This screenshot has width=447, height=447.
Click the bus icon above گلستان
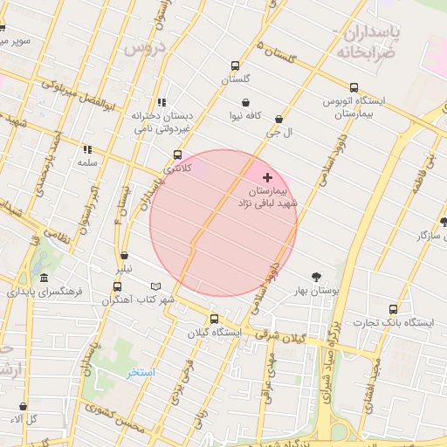point(234,65)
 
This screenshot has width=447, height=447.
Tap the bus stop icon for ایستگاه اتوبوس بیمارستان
point(354,87)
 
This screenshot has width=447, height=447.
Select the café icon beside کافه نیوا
point(251,102)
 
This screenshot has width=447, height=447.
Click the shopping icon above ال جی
point(279,119)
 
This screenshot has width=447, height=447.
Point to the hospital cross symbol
point(267,177)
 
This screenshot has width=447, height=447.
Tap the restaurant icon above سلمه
point(86,149)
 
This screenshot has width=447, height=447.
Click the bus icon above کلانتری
point(177,155)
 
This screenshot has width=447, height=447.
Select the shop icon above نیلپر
point(126,256)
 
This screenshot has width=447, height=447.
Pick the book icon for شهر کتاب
point(156,286)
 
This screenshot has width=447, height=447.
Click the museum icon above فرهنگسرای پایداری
point(44,277)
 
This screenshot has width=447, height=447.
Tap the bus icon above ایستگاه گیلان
point(214,319)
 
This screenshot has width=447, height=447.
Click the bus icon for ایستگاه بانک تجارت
point(393,309)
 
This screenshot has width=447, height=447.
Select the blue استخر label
point(140,373)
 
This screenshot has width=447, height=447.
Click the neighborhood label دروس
point(143,48)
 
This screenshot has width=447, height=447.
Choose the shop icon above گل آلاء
point(23,406)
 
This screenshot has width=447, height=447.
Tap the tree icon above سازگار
point(443,222)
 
